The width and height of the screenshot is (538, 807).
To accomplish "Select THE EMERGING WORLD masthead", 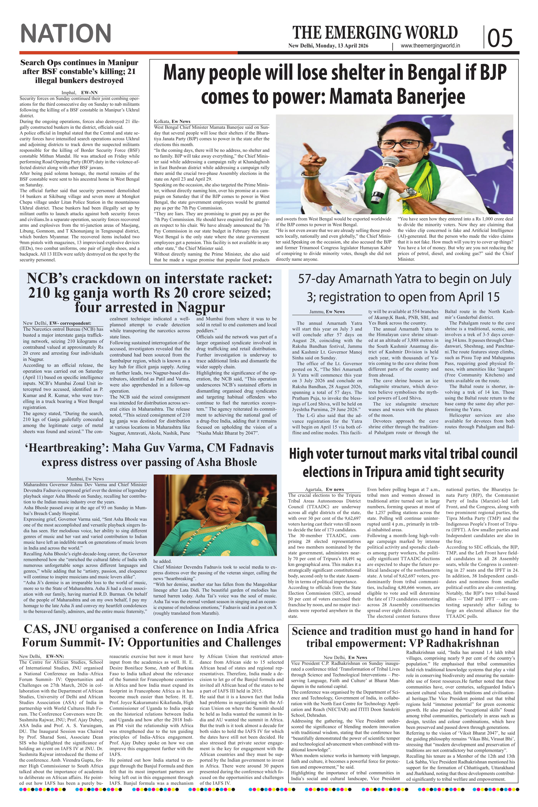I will pyautogui.click(x=375, y=33).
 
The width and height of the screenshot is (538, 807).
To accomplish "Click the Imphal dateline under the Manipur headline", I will pyautogui.click(x=68, y=93).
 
